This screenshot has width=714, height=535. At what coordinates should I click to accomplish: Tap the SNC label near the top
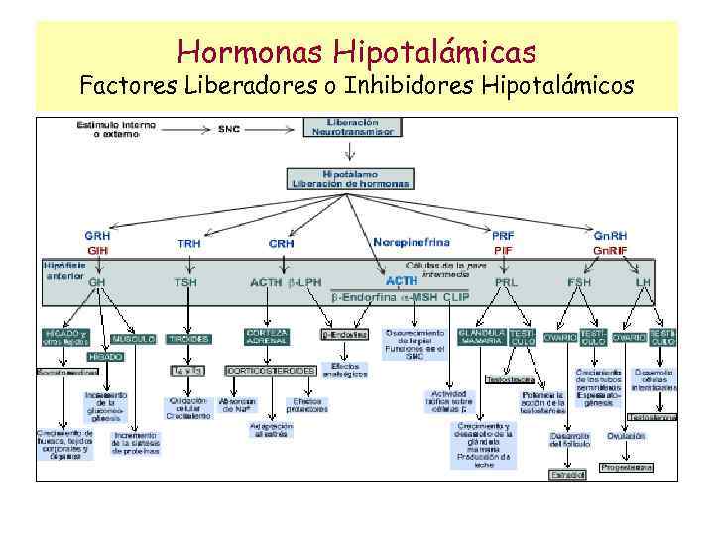[x=229, y=129]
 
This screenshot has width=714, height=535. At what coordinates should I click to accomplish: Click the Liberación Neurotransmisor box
[x=352, y=127]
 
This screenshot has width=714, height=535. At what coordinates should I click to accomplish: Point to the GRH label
[x=98, y=237]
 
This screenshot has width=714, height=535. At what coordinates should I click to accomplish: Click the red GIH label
[x=98, y=251]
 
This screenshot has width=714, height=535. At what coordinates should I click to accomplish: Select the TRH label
[x=188, y=243]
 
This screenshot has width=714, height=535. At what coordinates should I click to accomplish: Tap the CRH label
[x=282, y=243]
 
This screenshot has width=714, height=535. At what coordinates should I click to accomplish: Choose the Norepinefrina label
[x=411, y=242]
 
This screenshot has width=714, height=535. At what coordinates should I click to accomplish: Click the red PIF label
[x=503, y=251]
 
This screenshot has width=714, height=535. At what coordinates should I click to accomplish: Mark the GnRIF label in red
[x=610, y=251]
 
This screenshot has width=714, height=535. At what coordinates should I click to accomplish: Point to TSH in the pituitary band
[x=185, y=282]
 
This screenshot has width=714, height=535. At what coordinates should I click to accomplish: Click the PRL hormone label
[x=506, y=282]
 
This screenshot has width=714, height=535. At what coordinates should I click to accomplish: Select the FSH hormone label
[x=578, y=282]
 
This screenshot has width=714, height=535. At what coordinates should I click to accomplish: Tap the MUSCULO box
[x=134, y=338]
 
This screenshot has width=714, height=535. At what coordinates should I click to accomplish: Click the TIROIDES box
[x=188, y=338]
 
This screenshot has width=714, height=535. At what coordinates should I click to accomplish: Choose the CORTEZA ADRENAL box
[x=269, y=337]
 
